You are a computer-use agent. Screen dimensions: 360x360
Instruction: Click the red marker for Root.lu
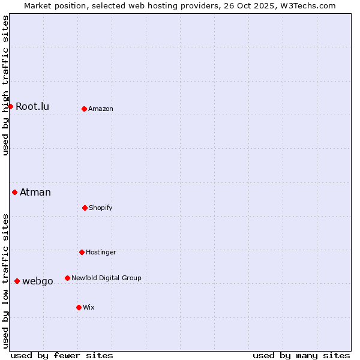coord(10,106)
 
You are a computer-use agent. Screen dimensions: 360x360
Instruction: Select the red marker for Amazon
coord(84,109)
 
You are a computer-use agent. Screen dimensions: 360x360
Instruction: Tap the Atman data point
coord(14,192)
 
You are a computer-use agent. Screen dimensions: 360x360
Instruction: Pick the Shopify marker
coord(85,208)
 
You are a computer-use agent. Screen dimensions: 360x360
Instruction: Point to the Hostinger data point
coord(82,252)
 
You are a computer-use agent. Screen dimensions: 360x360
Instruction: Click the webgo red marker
coord(17,281)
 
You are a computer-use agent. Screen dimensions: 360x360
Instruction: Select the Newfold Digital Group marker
coord(67,278)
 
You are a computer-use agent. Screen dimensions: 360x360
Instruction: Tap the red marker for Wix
coord(79,307)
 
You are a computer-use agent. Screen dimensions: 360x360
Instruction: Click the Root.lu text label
coord(32,106)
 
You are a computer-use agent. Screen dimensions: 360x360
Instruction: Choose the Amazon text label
coord(101,109)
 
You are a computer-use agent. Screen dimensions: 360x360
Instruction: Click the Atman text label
coord(35,192)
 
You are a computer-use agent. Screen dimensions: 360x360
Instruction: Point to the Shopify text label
coord(101,208)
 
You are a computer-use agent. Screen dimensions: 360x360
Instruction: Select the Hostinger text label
coord(101,252)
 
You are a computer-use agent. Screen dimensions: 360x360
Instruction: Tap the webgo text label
coord(38,281)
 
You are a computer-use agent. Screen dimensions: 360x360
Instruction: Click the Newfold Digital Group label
coord(106,278)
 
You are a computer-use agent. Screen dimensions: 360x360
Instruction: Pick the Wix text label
coord(89,307)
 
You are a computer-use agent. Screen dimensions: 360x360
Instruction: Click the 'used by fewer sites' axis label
coord(62,355)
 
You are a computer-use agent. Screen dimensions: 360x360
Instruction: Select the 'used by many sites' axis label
coord(301,355)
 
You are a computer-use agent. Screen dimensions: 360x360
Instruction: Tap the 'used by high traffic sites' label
coord(5,85)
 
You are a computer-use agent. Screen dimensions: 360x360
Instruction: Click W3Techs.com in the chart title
coord(304,5)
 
